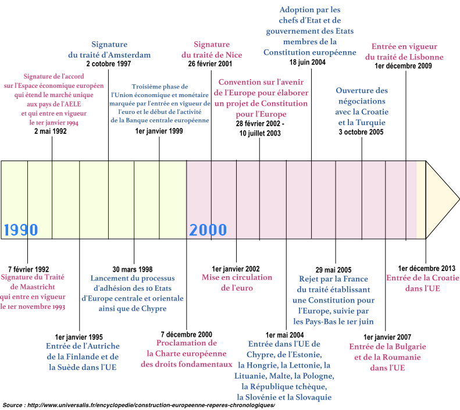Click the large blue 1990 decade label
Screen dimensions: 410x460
21,230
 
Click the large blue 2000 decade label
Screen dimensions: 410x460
208,230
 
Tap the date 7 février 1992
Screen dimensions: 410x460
28,269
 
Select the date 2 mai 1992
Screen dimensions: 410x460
51,132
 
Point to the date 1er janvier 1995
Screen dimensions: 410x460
79,337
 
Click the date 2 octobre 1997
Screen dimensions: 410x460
108,64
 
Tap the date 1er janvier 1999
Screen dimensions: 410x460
159,131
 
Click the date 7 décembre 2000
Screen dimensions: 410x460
186,334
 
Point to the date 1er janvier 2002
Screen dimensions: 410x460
236,269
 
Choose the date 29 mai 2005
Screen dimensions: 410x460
334,270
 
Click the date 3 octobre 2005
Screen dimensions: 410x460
361,132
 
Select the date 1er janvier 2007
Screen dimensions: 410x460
387,337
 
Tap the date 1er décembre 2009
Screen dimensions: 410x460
404,66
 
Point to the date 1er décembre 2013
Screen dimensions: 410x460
427,269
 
